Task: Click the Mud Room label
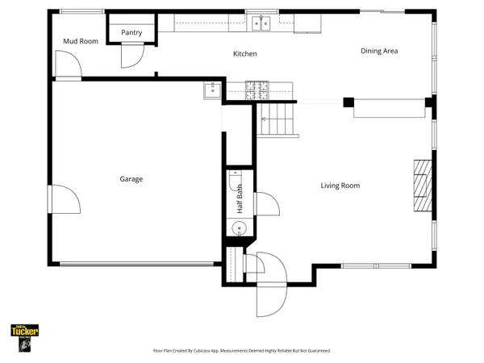(x=80, y=40)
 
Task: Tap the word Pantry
(x=131, y=32)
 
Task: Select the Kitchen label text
(x=245, y=54)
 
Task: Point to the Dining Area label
(x=378, y=51)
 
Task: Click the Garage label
(x=131, y=179)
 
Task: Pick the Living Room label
(x=340, y=186)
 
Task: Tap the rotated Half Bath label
(x=240, y=198)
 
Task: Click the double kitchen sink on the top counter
(x=261, y=24)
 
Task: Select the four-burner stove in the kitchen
(x=257, y=90)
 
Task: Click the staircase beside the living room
(x=278, y=120)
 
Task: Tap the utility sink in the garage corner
(x=211, y=90)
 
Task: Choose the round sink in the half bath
(x=239, y=230)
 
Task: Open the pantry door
(x=130, y=55)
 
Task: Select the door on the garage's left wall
(x=63, y=199)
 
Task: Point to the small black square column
(x=348, y=102)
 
